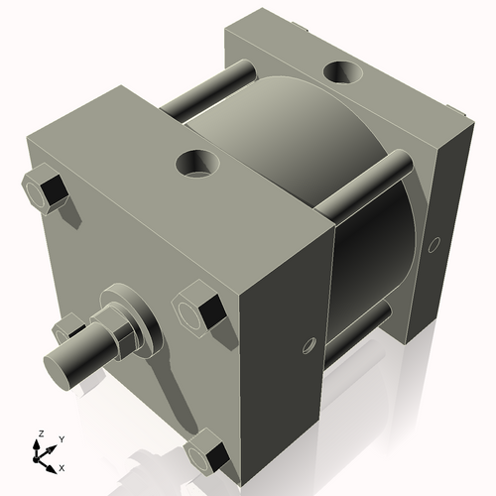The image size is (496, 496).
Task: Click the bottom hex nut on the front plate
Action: pyautogui.click(x=209, y=455)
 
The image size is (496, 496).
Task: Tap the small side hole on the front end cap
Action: pyautogui.click(x=308, y=346)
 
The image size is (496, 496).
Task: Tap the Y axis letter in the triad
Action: pyautogui.click(x=61, y=437)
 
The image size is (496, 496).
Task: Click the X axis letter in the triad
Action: pyautogui.click(x=62, y=466)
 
